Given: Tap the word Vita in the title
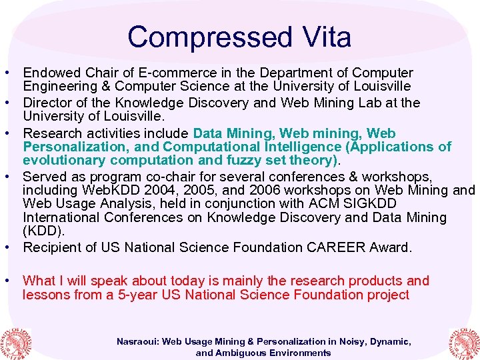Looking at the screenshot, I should click(325, 37).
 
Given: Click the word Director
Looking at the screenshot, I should click(48, 103).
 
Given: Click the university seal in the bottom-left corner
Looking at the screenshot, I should click(15, 342).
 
